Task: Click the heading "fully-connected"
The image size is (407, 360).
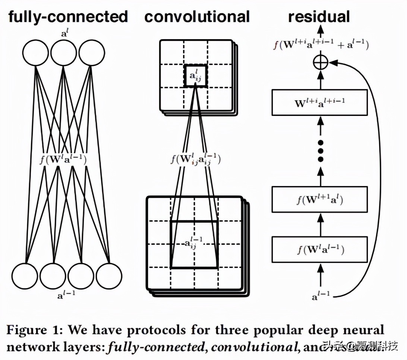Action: pos(68,17)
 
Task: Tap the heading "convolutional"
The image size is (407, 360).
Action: pos(197,17)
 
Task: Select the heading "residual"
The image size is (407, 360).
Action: pos(319,17)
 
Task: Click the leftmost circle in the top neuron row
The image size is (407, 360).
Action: pos(36,53)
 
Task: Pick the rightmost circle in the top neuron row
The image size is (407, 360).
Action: pos(91,53)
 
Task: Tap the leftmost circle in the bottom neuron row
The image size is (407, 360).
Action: pos(25,276)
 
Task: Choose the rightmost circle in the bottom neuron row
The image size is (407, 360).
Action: pos(109,276)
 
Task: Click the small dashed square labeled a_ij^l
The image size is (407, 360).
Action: pos(195,76)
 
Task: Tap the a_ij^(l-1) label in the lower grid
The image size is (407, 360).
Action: pos(194,244)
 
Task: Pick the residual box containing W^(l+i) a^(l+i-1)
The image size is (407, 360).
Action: pos(319,102)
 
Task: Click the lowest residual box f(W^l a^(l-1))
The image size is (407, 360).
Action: pos(319,249)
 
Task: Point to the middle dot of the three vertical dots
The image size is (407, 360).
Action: pos(320,151)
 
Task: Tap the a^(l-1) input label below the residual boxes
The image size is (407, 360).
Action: pos(321,297)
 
